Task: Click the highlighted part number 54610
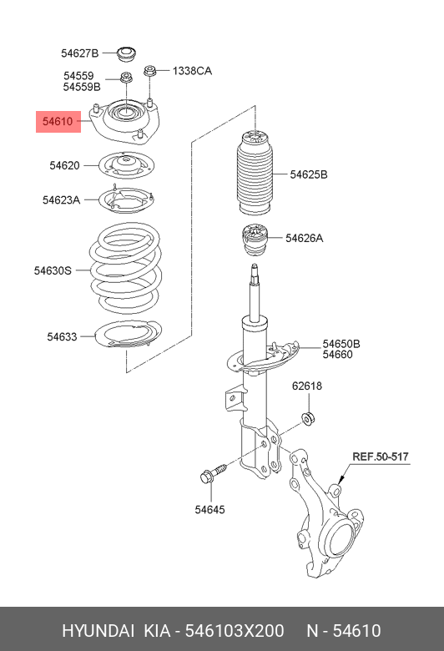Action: coord(58,122)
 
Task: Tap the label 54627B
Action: coord(80,53)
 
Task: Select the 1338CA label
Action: coord(192,71)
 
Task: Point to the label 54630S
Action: coord(53,270)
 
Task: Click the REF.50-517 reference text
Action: coord(381,457)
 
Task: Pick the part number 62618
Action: coord(307,386)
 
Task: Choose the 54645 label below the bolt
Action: coord(209,509)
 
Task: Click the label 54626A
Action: coord(304,239)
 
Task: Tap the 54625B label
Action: coord(309,174)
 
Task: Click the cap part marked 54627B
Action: coord(126,54)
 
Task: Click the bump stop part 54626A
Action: coord(255,241)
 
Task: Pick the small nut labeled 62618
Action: coord(308,417)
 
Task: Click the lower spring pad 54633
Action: coord(129,334)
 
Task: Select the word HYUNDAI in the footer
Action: coord(98,631)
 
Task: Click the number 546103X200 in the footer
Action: coord(235,631)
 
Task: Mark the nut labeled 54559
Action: coord(126,78)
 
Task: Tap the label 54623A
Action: coord(61,200)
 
